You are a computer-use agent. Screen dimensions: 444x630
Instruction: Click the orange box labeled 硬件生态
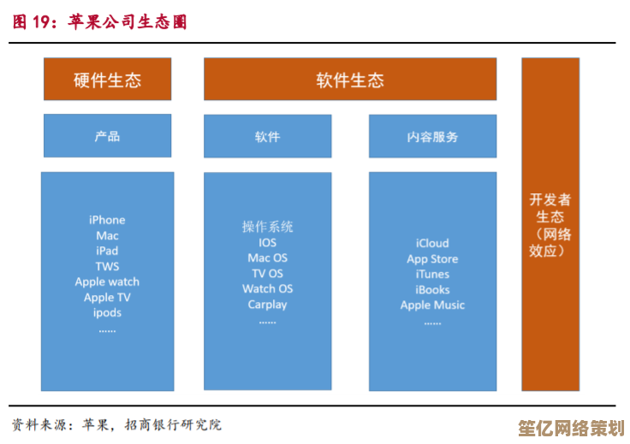tap(107, 80)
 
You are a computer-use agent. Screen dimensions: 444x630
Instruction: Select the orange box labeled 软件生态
tap(349, 80)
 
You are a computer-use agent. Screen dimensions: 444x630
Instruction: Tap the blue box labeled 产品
tap(107, 136)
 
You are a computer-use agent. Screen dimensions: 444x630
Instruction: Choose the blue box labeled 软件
tap(267, 136)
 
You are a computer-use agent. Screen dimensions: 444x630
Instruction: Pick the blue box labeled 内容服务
tap(432, 136)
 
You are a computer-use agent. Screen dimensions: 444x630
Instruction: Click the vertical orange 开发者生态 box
tap(550, 224)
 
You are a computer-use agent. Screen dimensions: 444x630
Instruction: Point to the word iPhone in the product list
tap(107, 220)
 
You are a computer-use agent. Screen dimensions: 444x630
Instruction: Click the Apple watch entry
tap(107, 281)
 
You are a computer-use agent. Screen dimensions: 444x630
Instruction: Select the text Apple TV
tap(107, 297)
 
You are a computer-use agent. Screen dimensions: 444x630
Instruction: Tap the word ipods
tap(107, 312)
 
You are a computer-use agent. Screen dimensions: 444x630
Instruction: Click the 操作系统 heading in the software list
tap(267, 227)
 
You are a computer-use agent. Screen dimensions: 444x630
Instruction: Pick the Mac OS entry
tap(267, 258)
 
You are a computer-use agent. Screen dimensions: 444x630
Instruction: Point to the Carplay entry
tap(267, 304)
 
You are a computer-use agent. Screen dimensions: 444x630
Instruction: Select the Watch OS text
tap(267, 288)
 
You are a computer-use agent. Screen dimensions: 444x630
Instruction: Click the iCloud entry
tap(432, 243)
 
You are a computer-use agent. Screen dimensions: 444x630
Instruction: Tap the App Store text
tap(432, 258)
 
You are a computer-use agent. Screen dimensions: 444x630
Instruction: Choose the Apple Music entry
tap(432, 305)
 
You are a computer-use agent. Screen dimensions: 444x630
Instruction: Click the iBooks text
tap(432, 289)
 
